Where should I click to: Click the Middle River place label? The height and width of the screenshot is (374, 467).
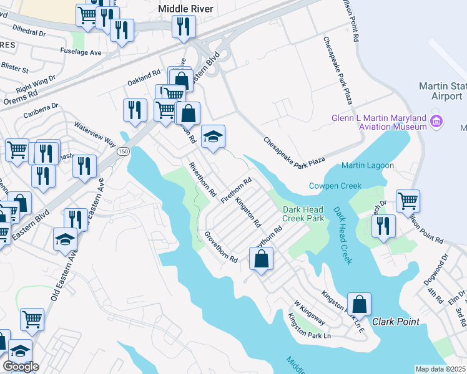(185, 9)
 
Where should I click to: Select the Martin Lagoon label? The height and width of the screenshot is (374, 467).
(368, 165)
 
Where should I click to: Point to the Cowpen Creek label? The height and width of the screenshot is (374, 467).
(335, 186)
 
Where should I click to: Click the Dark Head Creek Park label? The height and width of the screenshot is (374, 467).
(303, 214)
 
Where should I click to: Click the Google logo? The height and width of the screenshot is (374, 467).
(21, 367)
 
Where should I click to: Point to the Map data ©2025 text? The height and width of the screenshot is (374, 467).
(440, 369)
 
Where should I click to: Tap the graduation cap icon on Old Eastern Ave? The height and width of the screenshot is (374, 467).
(66, 239)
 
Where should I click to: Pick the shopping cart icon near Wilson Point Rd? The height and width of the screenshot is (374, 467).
(408, 201)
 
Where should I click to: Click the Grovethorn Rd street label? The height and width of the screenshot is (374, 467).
(222, 246)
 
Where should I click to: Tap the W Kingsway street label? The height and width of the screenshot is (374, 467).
(310, 312)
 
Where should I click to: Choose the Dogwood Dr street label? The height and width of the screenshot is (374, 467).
(439, 265)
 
